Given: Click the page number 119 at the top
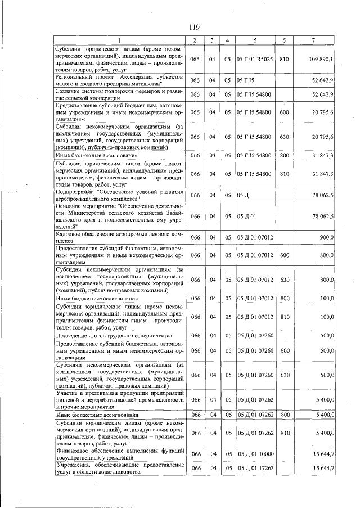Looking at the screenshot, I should point(194,28).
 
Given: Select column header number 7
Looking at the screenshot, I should point(313,40).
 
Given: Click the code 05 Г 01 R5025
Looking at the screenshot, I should point(255,59).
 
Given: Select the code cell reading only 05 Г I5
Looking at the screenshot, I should point(246,80).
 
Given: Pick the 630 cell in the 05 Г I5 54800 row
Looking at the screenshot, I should point(284,137).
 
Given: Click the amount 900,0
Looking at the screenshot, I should point(326,238).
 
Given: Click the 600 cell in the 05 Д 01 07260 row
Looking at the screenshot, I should point(284,350).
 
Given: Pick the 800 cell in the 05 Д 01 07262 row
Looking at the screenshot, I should point(284,415).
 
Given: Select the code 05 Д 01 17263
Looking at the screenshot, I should point(255,469).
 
